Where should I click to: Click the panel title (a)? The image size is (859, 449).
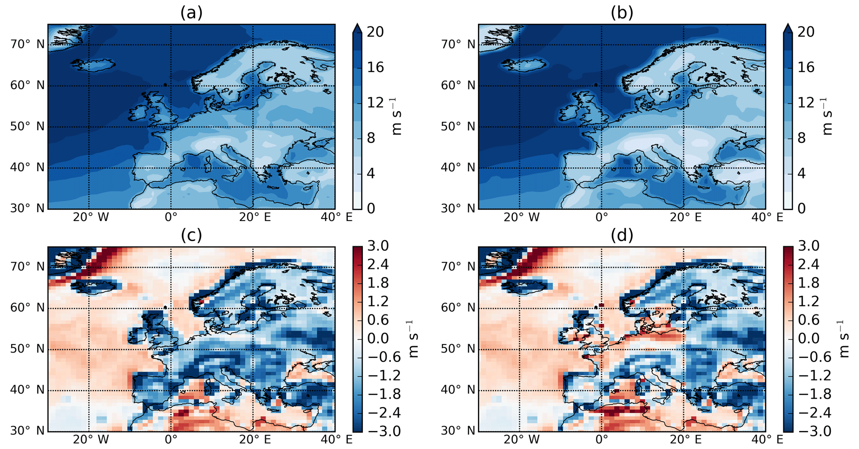(x=191, y=13)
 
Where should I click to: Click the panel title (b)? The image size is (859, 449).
(x=622, y=13)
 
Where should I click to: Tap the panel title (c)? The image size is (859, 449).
(x=191, y=235)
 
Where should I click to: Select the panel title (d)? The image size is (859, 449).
(x=622, y=235)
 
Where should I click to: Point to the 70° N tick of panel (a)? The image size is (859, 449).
(x=27, y=44)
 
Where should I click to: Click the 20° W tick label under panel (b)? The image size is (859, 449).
(x=521, y=217)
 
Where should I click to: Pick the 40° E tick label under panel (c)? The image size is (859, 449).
(x=337, y=439)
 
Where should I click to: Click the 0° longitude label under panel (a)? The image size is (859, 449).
(x=171, y=217)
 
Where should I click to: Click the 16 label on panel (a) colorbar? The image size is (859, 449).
(x=375, y=67)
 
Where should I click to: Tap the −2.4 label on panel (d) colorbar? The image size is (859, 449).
(x=808, y=412)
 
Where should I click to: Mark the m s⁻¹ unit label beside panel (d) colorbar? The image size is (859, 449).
(x=842, y=339)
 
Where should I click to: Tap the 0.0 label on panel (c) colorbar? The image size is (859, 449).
(x=378, y=338)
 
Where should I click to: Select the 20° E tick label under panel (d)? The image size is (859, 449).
(x=685, y=439)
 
